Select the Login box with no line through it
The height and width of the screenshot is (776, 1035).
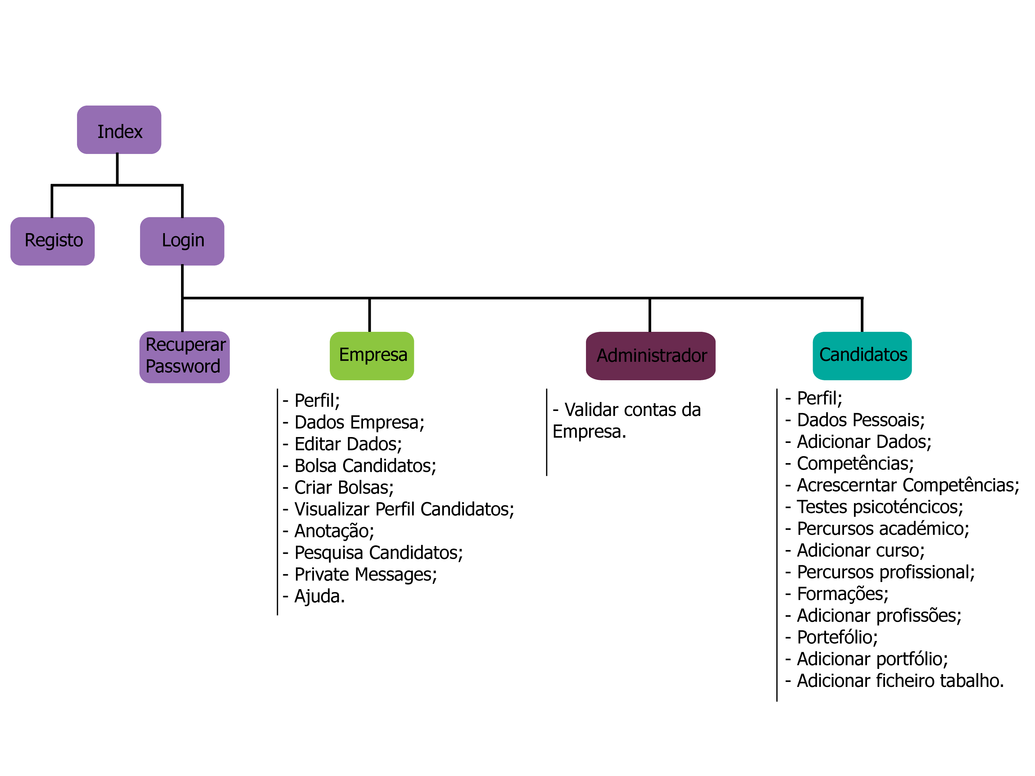click(x=183, y=241)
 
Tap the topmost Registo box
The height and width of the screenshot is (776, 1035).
click(x=53, y=241)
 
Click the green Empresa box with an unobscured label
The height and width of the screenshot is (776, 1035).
click(x=372, y=355)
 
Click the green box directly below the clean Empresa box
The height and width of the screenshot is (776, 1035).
click(x=372, y=441)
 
